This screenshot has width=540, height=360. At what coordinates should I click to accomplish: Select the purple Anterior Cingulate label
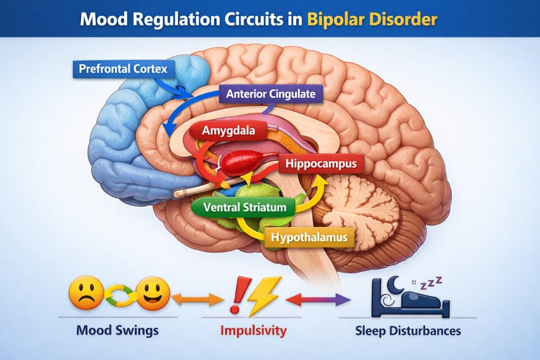coord(270,94)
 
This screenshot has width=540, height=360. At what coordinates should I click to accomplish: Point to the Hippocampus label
coord(321,165)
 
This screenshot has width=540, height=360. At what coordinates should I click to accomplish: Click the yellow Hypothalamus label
coord(309,238)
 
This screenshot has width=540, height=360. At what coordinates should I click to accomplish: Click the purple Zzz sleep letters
coord(430,282)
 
